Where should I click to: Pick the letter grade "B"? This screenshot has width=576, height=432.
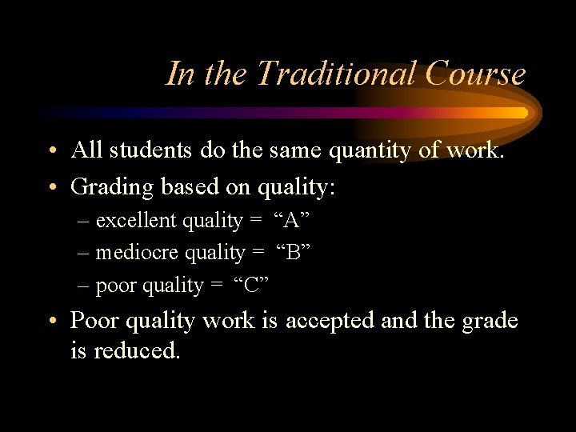[293, 253]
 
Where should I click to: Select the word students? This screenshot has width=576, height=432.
[151, 150]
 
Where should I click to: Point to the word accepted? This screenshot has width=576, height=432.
[330, 321]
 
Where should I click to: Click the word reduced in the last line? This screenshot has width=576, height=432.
[137, 350]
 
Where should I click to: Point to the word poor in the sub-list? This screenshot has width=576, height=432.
[115, 286]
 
